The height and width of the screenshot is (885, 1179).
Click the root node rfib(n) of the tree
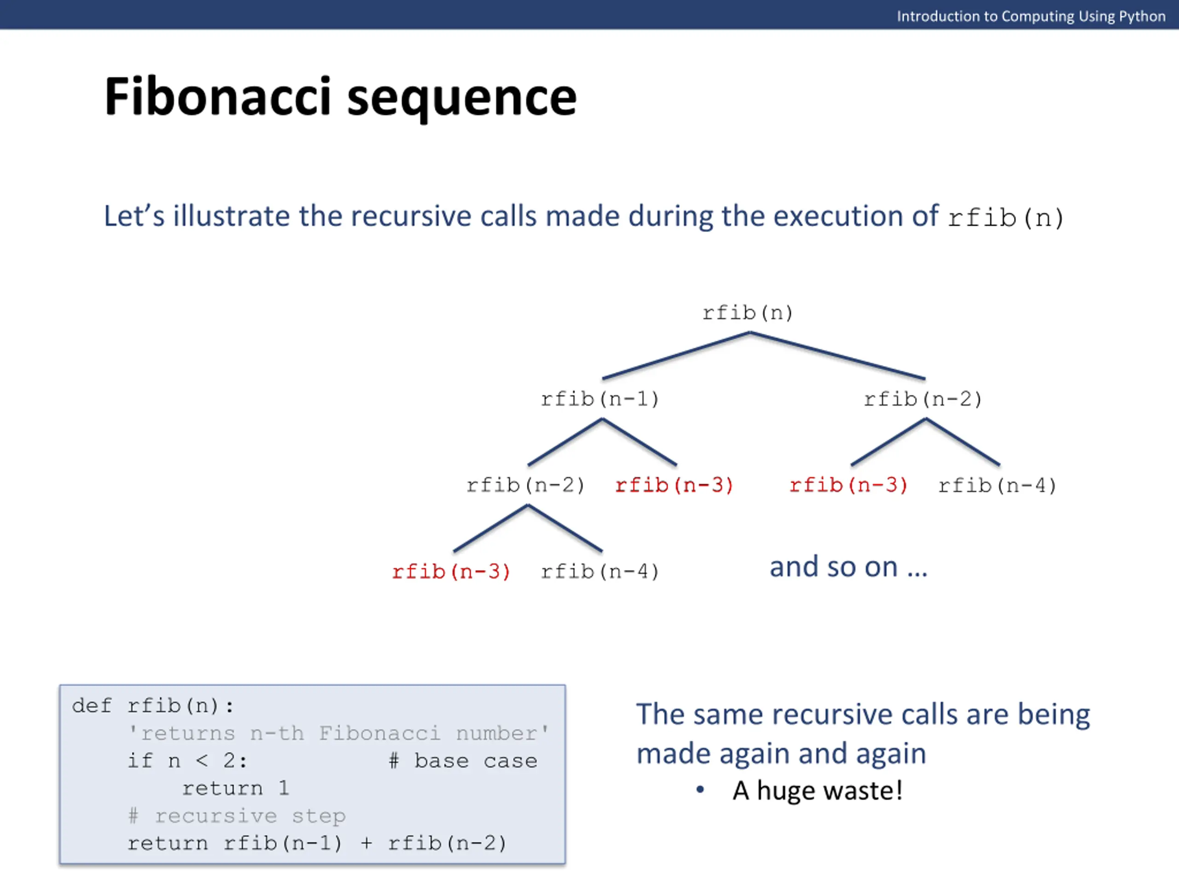point(747,313)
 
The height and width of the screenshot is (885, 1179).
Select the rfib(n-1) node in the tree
point(600,399)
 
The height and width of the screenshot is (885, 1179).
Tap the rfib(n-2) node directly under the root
point(923,399)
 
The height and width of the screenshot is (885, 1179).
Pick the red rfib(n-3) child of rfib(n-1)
point(674,485)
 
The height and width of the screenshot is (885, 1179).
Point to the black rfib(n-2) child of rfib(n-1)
point(525,485)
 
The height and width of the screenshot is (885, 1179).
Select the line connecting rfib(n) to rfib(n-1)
point(676,356)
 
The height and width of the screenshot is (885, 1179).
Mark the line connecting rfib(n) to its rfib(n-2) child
point(837,356)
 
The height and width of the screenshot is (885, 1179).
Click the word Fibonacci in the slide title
point(218,97)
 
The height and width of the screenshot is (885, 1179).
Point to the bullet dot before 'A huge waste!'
point(700,790)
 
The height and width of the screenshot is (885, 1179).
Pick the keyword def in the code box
point(92,706)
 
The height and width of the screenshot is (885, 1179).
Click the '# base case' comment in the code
point(463,761)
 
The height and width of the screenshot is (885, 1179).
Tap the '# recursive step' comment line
point(237,816)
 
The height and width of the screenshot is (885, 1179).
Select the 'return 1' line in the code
point(236,789)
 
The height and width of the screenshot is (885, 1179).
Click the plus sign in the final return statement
point(366,844)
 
